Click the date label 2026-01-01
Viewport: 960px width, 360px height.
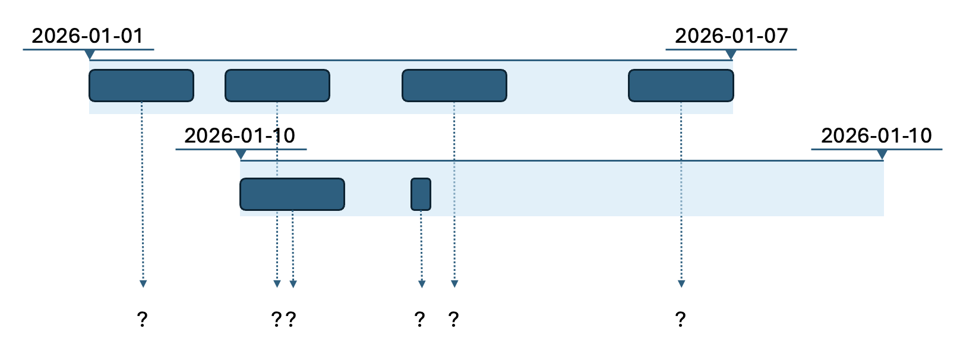(x=87, y=36)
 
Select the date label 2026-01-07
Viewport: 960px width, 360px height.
(x=731, y=36)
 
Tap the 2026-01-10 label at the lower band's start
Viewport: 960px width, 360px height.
(x=239, y=136)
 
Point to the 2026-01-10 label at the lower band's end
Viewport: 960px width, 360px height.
(x=876, y=136)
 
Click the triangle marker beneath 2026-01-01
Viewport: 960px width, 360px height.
(x=90, y=55)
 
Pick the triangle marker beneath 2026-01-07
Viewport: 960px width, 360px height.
(x=731, y=55)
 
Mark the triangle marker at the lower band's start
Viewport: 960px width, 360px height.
(x=241, y=155)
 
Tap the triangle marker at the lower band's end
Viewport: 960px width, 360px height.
(x=882, y=155)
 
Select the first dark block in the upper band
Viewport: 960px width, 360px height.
(x=141, y=86)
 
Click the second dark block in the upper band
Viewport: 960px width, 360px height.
(x=277, y=86)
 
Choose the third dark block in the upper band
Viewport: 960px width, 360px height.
(x=454, y=86)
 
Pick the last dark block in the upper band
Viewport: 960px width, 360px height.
(x=681, y=86)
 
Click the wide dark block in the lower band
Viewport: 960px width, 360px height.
(x=292, y=194)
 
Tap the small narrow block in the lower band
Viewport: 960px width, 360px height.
(x=421, y=194)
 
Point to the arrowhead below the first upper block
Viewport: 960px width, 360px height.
(x=143, y=283)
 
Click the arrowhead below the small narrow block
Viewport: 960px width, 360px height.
(x=422, y=283)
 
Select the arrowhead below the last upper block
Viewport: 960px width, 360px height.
(x=681, y=283)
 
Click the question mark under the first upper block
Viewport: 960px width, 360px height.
(x=142, y=320)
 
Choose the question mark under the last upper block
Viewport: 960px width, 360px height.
(x=681, y=320)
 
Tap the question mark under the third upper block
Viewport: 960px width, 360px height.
(x=454, y=320)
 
